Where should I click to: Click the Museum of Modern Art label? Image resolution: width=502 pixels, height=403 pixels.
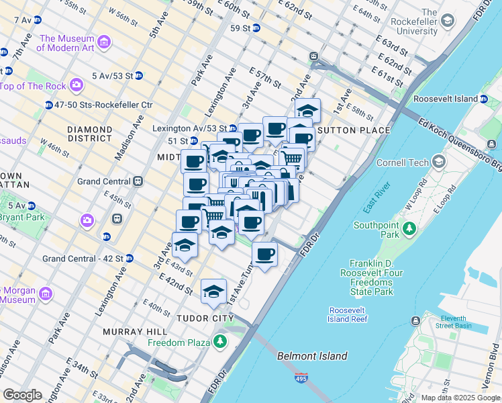[x=66, y=43]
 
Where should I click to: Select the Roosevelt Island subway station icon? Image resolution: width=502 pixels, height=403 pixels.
[x=483, y=99]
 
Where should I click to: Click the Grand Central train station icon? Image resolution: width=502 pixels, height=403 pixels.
[x=138, y=181]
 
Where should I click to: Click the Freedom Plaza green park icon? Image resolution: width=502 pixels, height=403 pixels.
[x=220, y=342]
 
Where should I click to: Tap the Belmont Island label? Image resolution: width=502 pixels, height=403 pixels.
[x=313, y=356]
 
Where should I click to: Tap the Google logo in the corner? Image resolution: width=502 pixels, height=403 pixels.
[x=22, y=394]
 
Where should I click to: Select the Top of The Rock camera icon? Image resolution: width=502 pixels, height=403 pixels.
[x=77, y=85]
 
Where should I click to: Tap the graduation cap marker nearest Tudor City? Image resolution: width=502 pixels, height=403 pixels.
[x=213, y=292]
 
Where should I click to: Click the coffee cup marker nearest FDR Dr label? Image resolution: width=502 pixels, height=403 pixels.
[x=265, y=254]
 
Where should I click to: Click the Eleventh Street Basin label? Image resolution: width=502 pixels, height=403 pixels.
[x=462, y=321]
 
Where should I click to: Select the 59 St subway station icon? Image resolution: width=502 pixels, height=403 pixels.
[x=256, y=28]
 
